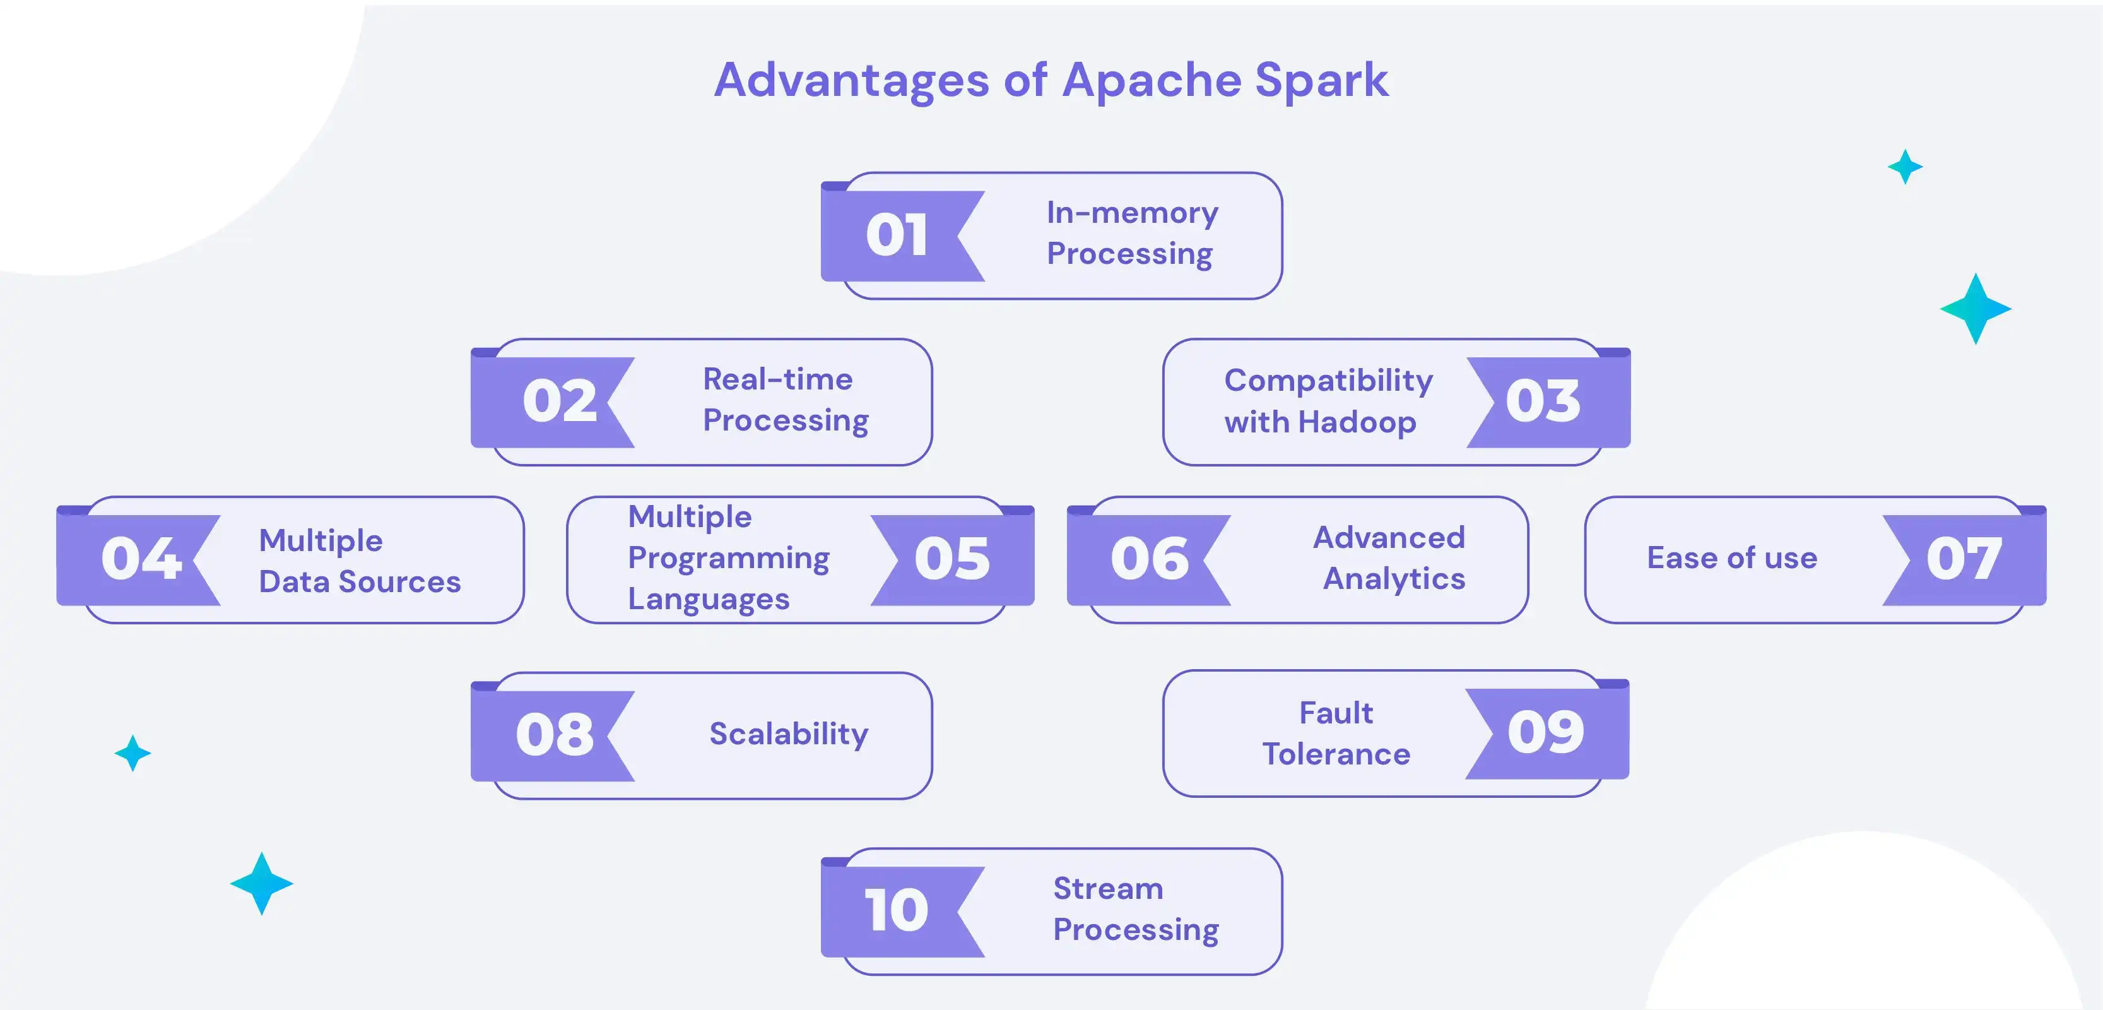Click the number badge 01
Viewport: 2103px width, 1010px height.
(x=897, y=235)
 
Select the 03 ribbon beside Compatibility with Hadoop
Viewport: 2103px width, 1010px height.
(x=1543, y=401)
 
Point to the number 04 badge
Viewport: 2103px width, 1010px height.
(x=141, y=559)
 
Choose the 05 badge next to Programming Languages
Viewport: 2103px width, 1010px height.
(x=952, y=559)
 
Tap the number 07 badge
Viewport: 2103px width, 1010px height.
(x=1964, y=559)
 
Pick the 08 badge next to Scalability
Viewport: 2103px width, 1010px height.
(x=555, y=734)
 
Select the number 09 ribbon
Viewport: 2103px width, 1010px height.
(x=1545, y=732)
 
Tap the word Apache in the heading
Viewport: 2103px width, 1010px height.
(x=1150, y=81)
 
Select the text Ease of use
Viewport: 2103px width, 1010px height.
(x=1731, y=557)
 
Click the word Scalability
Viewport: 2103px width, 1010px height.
(x=788, y=734)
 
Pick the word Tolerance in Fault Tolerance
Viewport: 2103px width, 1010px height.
(x=1336, y=754)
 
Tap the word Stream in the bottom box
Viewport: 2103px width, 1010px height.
(x=1108, y=888)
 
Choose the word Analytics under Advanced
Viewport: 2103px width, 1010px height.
(x=1394, y=579)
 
